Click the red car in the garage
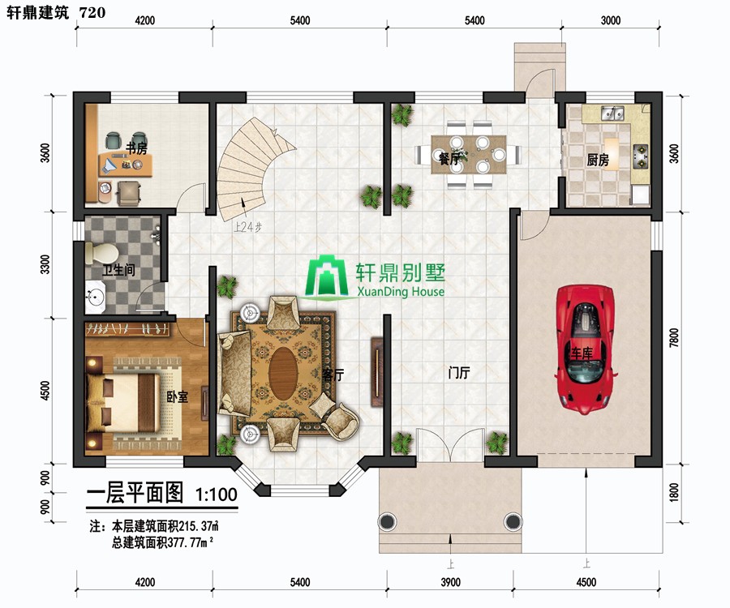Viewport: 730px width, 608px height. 585,349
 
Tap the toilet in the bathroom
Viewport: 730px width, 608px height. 101,253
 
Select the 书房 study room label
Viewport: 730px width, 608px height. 136,148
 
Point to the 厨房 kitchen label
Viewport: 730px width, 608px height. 598,161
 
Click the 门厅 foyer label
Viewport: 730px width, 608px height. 459,373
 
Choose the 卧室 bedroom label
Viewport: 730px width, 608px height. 178,396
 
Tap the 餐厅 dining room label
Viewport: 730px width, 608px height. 449,159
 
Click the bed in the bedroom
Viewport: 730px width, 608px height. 123,403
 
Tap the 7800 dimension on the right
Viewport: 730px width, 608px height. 674,338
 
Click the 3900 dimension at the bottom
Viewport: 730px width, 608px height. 450,582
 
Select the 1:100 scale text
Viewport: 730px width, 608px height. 216,494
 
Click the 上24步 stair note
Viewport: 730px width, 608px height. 247,228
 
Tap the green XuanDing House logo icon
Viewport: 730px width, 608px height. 328,276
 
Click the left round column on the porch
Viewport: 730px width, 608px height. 387,521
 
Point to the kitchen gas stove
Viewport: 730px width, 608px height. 641,156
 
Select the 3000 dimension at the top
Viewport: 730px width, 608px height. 610,20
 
